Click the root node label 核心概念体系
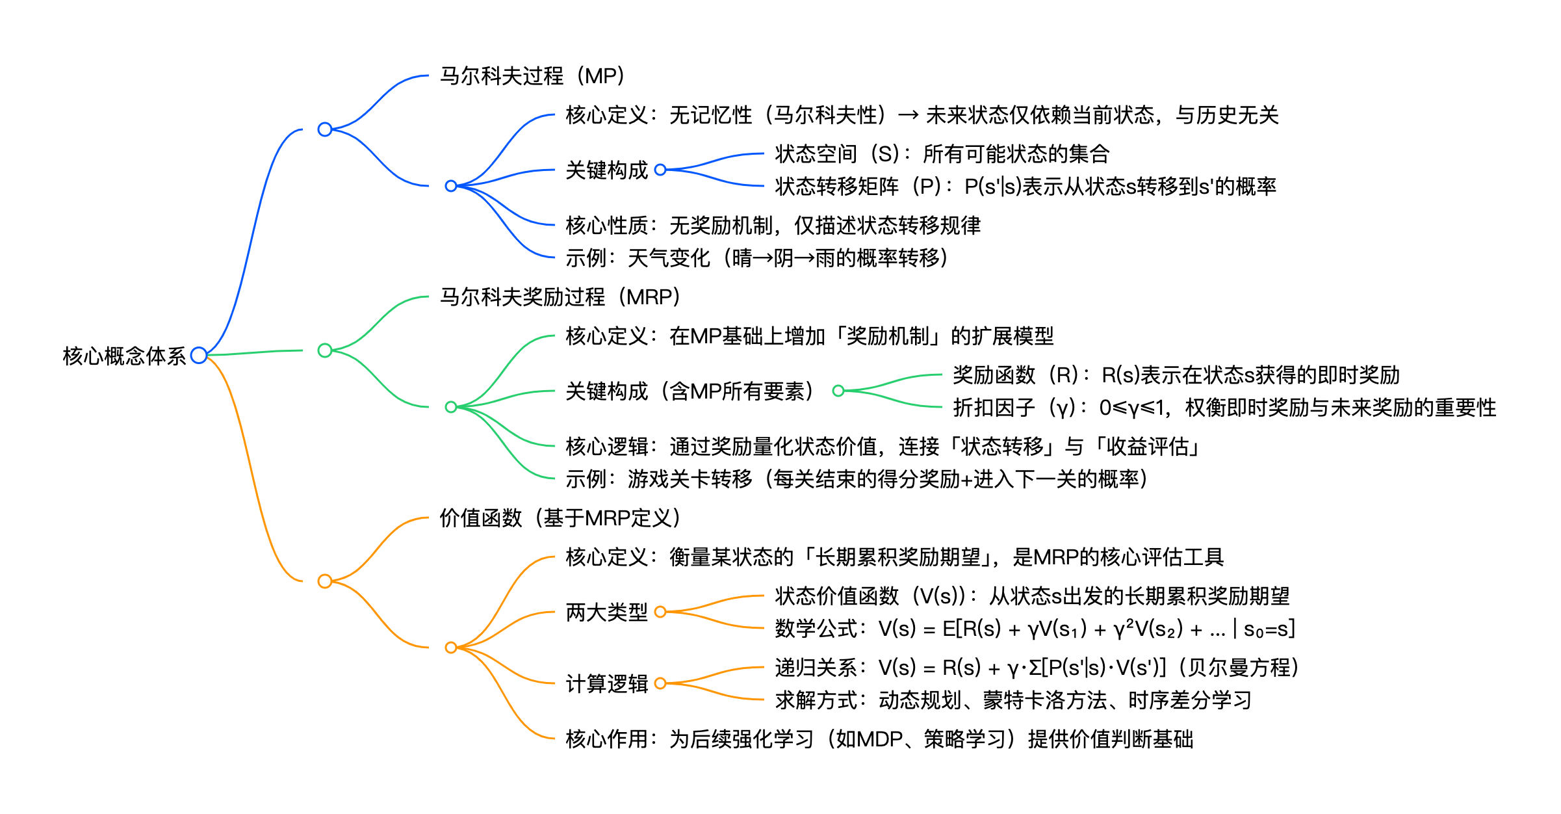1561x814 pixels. pyautogui.click(x=124, y=356)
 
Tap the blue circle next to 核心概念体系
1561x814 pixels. pyautogui.click(x=199, y=355)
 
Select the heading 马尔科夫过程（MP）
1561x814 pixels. pyautogui.click(x=532, y=76)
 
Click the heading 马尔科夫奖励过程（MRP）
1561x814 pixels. pyautogui.click(x=560, y=297)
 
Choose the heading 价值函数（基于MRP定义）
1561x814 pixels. pyautogui.click(x=560, y=518)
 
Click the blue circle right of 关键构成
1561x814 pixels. pyautogui.click(x=660, y=170)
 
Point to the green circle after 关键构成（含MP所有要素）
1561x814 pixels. pyautogui.click(x=838, y=391)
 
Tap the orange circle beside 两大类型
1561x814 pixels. pyautogui.click(x=660, y=612)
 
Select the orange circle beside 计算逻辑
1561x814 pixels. pyautogui.click(x=660, y=683)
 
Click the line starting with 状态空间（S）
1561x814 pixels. pyautogui.click(x=942, y=154)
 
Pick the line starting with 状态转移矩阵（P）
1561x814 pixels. pyautogui.click(x=1025, y=187)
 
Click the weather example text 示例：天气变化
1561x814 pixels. pyautogui.click(x=756, y=258)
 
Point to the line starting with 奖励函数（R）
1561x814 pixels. pyautogui.click(x=1176, y=375)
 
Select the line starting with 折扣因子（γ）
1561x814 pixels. pyautogui.click(x=1224, y=408)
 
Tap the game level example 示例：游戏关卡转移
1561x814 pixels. pyautogui.click(x=856, y=479)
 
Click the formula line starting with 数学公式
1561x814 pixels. pyautogui.click(x=1035, y=629)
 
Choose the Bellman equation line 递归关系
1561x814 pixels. pyautogui.click(x=1036, y=668)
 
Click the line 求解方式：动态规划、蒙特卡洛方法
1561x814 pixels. pyautogui.click(x=1013, y=700)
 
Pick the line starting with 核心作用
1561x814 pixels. pyautogui.click(x=879, y=739)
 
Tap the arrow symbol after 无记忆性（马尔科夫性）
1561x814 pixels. pyautogui.click(x=908, y=116)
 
